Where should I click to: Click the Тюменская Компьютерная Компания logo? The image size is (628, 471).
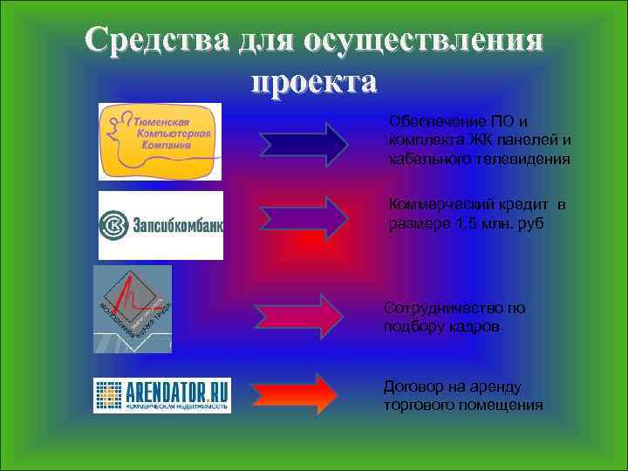click(x=160, y=141)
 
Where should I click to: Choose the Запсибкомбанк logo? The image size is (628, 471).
click(x=160, y=225)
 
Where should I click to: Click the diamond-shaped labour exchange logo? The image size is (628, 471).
click(x=133, y=309)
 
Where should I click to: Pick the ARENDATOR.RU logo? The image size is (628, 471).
click(x=162, y=395)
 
